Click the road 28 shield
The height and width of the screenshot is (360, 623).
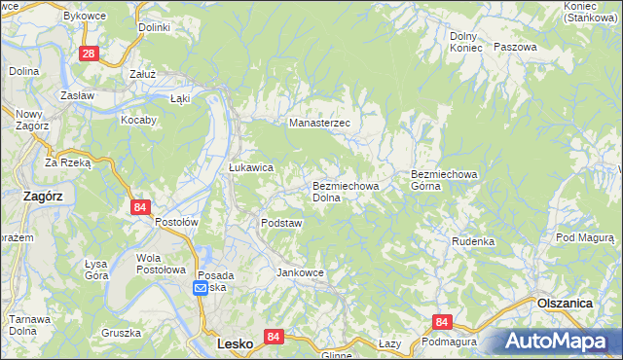tap(89, 54)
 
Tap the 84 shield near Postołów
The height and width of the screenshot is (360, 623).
tap(141, 207)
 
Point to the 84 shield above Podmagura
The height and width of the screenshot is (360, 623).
tap(443, 322)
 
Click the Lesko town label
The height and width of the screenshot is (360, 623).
tap(235, 344)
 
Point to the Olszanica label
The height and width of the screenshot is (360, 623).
tap(565, 304)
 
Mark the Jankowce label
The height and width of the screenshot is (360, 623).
tap(300, 272)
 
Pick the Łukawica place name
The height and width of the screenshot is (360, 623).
tap(251, 167)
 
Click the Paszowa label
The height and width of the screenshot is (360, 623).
tap(515, 47)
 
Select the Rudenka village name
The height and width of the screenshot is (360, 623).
tap(473, 241)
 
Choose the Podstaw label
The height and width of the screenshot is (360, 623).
tap(281, 223)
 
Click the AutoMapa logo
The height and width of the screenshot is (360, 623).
tap(555, 342)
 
